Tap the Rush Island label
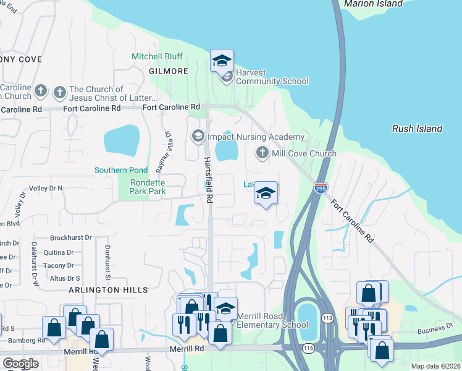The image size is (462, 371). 418,129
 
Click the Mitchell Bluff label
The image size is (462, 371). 157,56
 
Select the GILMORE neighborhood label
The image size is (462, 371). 168,71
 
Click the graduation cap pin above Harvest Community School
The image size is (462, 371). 222,61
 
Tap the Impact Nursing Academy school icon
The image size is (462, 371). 198,136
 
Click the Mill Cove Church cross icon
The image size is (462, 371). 262,153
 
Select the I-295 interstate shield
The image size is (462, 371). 320,188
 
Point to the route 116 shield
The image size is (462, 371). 308,349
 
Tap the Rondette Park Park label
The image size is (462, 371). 148,187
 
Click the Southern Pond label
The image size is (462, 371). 121,170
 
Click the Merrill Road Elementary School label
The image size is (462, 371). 272,320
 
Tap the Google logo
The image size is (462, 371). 20,364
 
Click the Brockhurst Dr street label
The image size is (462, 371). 70,237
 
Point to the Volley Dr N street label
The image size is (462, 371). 46,188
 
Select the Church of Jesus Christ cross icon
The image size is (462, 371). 60,93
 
